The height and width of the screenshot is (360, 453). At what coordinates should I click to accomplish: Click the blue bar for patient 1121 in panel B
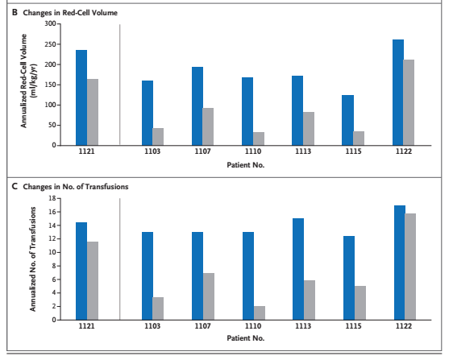coord(81,97)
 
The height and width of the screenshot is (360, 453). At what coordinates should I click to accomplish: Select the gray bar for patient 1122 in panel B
coord(409,102)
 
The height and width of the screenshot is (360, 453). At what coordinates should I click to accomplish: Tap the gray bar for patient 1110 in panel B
coord(259,139)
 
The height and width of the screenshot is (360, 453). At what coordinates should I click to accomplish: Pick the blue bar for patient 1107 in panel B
coord(197,106)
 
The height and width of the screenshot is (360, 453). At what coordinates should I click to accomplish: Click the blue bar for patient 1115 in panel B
coord(348,120)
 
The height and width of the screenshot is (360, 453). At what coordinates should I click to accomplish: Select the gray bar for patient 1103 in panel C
coord(158,308)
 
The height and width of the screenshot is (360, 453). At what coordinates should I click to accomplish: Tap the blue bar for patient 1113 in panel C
coord(298,269)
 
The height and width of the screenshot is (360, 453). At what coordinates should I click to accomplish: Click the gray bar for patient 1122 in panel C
coord(410,267)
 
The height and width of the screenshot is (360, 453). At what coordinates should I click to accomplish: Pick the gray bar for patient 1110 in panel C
coord(260,313)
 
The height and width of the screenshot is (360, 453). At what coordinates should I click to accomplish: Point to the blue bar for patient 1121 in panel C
coord(81,271)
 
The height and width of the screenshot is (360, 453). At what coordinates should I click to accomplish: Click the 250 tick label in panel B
coord(51,44)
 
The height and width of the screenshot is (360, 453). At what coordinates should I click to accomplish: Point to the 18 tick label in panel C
coord(52,198)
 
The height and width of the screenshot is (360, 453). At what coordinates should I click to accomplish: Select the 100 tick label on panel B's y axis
coord(51,105)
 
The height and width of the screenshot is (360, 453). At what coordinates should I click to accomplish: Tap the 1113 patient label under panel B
coord(303,151)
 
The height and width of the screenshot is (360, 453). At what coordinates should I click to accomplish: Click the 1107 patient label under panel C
coord(202,326)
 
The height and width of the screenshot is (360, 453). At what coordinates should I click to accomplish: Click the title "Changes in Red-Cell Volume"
coord(70,13)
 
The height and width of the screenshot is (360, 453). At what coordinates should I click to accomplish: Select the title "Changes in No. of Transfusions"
coord(76,187)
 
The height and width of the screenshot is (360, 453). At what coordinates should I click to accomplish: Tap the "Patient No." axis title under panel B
coord(246,165)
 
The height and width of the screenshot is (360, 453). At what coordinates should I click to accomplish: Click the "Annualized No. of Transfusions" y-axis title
coord(33,259)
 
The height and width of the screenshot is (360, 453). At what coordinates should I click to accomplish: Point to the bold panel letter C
coord(15,187)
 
